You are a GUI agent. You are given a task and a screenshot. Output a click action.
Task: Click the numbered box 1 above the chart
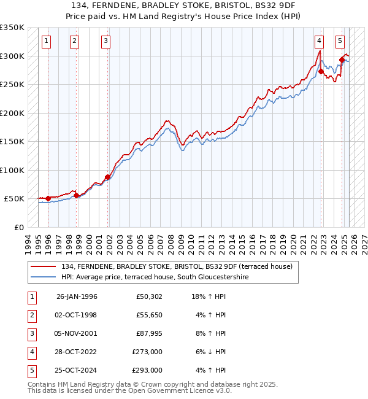[x=47, y=41]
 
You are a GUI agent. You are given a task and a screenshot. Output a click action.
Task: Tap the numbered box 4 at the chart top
[x=320, y=41]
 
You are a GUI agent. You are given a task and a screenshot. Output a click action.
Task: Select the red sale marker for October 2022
[x=321, y=71]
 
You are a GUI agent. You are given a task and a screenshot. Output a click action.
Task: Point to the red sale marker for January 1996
[x=48, y=198]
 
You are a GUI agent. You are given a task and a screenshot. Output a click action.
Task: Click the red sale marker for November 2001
[x=107, y=177]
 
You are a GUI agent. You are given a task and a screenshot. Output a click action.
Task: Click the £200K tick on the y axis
[x=12, y=113]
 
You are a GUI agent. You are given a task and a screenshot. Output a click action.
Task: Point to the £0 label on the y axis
[x=19, y=227]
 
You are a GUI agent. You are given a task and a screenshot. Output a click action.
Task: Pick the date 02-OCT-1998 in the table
[x=77, y=315]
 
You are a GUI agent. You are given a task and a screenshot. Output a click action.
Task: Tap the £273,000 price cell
[x=147, y=352]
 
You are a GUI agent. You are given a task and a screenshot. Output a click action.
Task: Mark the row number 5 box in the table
[x=30, y=370]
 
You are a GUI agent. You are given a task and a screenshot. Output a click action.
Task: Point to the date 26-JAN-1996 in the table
[x=77, y=296]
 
